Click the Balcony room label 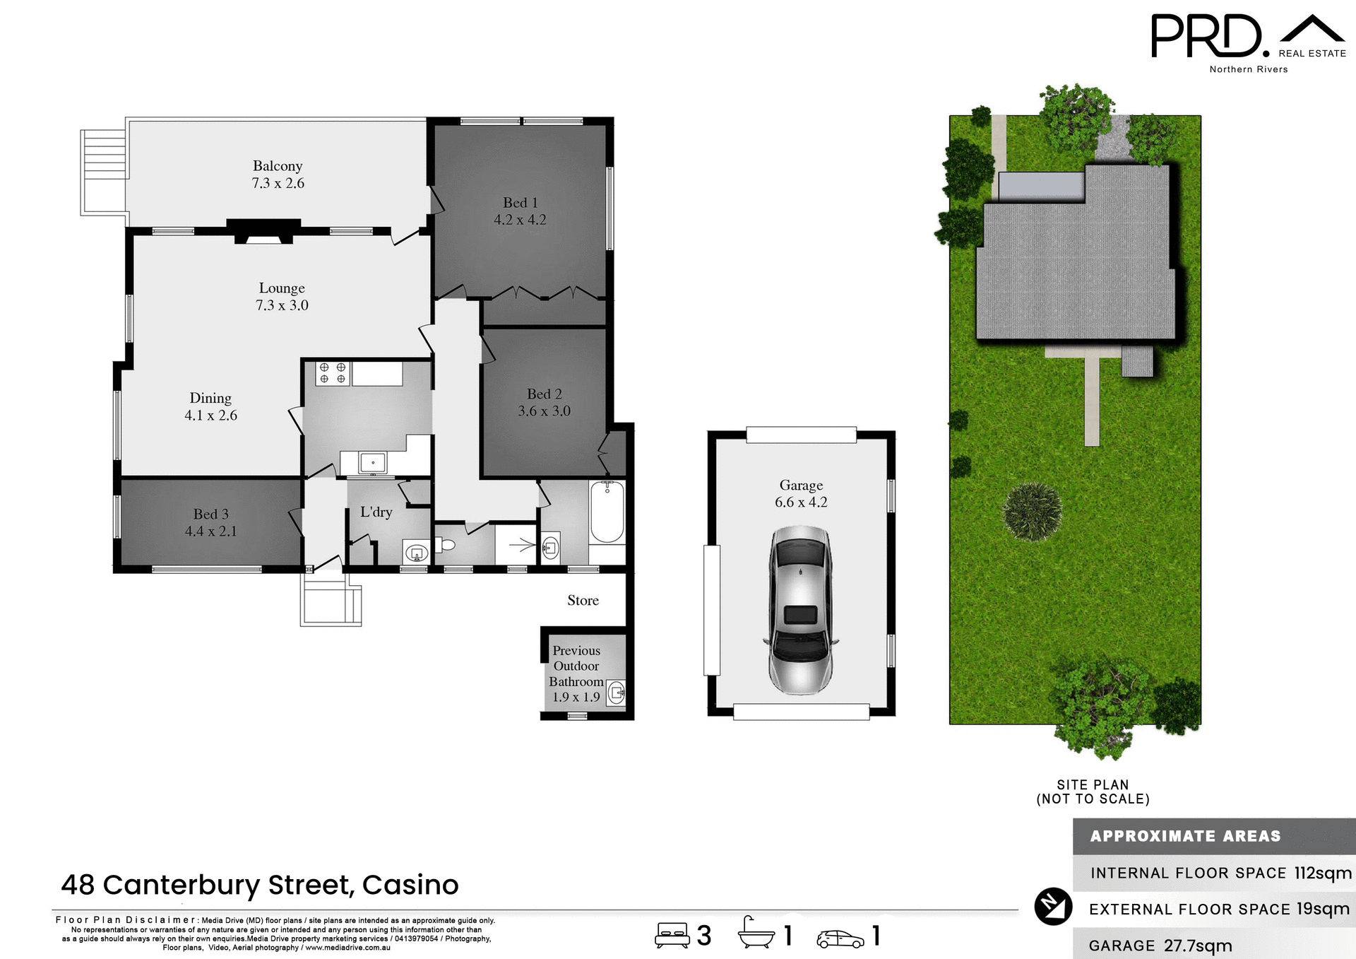pos(278,166)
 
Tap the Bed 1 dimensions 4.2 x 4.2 pos(520,220)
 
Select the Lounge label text pos(282,288)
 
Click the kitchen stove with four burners pos(332,373)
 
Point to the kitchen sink pos(372,463)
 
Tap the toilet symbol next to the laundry pos(445,545)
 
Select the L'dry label pos(376,512)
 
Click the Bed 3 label pos(210,514)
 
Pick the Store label pos(583,600)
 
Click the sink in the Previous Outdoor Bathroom pos(617,693)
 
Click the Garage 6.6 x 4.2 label pos(801,493)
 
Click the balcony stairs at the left pos(103,172)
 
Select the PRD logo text pos(1206,37)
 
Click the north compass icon pos(1053,906)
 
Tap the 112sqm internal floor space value pos(1322,873)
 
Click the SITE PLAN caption pos(1093,784)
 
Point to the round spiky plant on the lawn pos(1032,512)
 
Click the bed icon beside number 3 pos(672,935)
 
